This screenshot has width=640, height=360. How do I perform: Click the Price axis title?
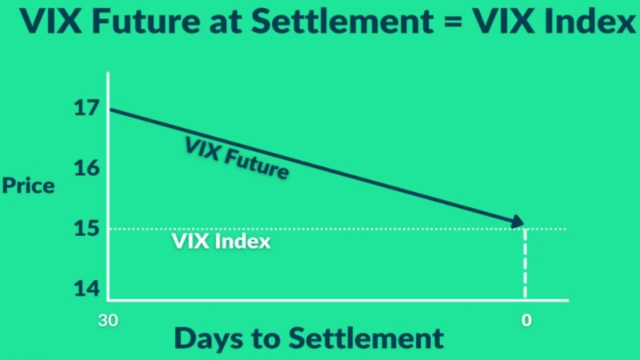click(x=28, y=186)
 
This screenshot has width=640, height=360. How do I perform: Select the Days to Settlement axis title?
click(x=308, y=338)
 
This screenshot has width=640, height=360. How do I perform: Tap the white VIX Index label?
click(x=222, y=241)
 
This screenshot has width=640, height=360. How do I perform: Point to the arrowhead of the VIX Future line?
click(x=518, y=222)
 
